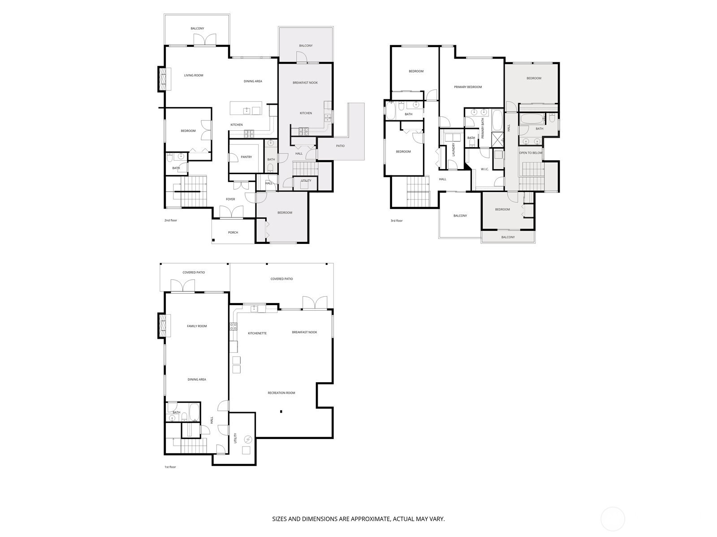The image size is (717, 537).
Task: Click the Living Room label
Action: (194, 75)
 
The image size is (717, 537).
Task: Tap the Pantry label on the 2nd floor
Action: (246, 157)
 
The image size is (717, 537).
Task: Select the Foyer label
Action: (230, 199)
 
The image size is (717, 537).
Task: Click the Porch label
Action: (233, 232)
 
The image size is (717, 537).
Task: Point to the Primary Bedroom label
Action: (468, 87)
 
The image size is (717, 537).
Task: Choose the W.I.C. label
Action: (485, 169)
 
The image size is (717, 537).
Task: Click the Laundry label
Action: (454, 149)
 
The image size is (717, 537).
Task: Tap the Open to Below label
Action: (531, 153)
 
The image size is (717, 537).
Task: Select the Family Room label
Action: (197, 326)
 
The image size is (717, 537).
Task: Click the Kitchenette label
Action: (257, 333)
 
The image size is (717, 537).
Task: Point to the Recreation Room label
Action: (281, 393)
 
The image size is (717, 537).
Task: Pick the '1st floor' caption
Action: (170, 467)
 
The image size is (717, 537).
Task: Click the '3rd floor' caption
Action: (397, 221)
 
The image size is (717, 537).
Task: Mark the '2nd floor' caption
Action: (171, 221)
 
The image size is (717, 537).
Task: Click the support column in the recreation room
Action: (281, 411)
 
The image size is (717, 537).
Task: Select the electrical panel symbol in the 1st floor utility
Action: (248, 439)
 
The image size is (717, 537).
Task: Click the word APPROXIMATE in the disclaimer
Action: (370, 519)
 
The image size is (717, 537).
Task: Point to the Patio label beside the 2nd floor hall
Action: (340, 146)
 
